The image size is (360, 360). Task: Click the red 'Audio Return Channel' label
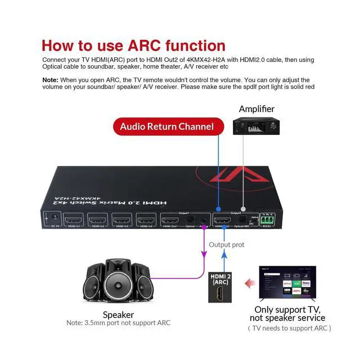pos(167,127)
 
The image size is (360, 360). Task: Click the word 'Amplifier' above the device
pos(256,109)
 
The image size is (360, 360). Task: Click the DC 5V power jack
pos(55,217)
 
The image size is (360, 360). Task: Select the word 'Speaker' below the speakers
pos(118,314)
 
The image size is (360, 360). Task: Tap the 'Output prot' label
pos(227,245)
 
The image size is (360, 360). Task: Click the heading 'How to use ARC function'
pos(133,46)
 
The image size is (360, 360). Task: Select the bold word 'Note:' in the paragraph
pos(50,80)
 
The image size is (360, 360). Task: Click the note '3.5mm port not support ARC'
pos(118,323)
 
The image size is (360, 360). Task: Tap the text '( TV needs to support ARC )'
pos(290,328)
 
